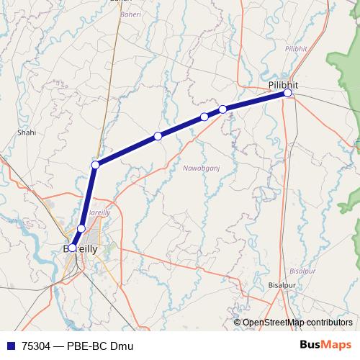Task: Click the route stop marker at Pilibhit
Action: click(x=287, y=93)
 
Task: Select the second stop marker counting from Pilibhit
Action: click(x=223, y=109)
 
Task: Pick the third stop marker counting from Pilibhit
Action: click(x=204, y=117)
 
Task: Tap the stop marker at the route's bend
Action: click(x=95, y=165)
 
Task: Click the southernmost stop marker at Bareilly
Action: click(x=72, y=248)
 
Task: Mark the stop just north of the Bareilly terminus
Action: click(x=81, y=228)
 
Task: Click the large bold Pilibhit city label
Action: click(x=283, y=84)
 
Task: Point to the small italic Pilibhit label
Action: click(x=296, y=48)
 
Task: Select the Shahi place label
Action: click(x=26, y=132)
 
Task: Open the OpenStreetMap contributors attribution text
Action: click(x=297, y=323)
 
